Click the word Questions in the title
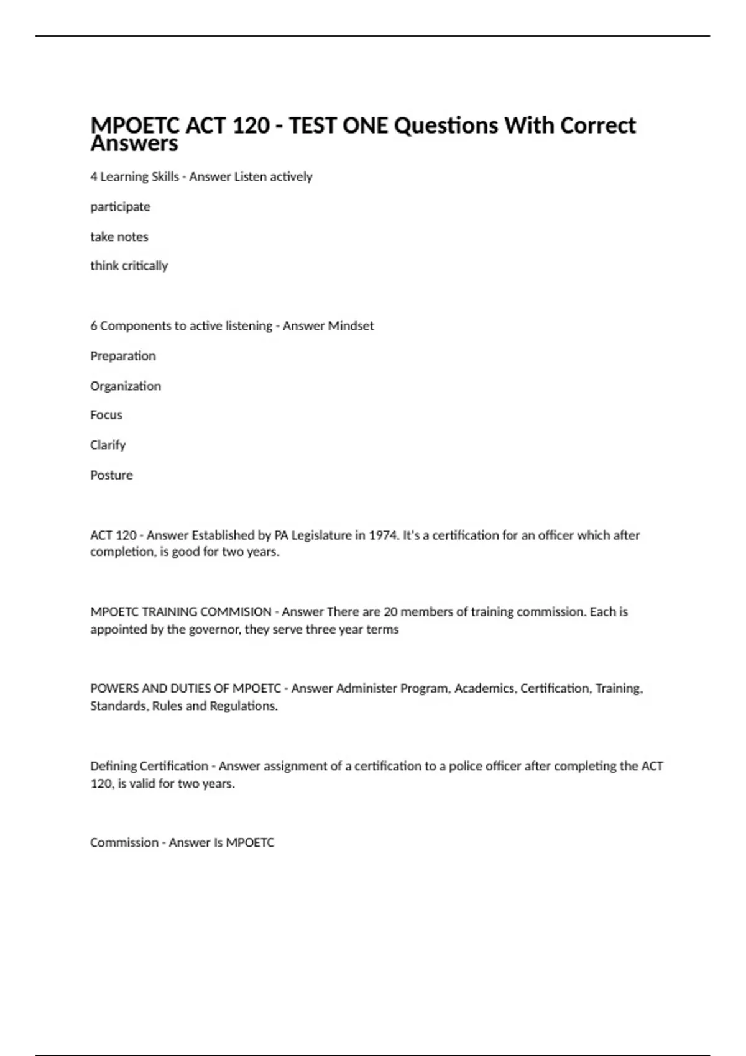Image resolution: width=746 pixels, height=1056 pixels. [x=446, y=125]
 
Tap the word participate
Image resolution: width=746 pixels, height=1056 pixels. [x=120, y=207]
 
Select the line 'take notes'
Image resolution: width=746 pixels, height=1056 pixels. [x=119, y=237]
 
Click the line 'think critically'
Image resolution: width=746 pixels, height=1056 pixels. [x=129, y=266]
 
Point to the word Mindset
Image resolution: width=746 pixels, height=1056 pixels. [x=351, y=326]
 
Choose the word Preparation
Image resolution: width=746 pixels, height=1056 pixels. [x=123, y=356]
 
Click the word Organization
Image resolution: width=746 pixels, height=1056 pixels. [x=126, y=386]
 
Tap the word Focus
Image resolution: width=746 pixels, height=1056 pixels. [x=106, y=415]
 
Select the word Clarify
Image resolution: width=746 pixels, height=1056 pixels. [x=108, y=445]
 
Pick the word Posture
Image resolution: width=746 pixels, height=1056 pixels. [x=111, y=475]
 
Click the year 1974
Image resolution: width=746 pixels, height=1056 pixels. [x=384, y=535]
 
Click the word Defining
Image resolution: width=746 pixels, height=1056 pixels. [x=113, y=766]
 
